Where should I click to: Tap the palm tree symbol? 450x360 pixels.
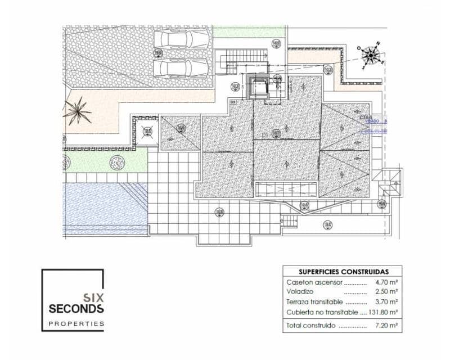pos(77,111)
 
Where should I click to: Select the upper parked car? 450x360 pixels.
pos(181,39)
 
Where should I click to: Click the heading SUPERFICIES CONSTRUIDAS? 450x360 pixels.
pos(343,271)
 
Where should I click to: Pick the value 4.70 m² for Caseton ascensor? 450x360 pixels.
pos(386,282)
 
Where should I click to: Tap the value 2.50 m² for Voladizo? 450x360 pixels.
pos(386,292)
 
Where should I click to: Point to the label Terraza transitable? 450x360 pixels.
pos(314,302)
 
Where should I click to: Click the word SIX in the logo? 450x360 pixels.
pos(92,297)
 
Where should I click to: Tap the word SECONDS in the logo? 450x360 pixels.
pos(76,308)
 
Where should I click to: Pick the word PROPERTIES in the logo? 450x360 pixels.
pos(76,323)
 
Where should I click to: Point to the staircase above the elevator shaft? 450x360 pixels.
pos(245,57)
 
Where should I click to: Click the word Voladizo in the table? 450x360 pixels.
pos(300,292)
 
